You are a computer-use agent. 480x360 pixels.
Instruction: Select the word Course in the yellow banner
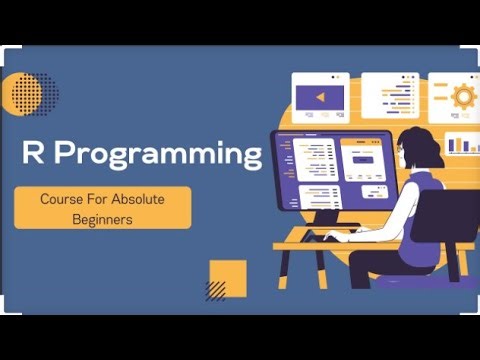click(63, 199)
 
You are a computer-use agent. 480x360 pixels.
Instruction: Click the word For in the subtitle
click(100, 199)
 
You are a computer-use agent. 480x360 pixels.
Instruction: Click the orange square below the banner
click(229, 276)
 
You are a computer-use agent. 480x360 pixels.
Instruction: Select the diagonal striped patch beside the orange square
click(214, 290)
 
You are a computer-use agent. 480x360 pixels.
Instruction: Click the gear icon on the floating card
click(463, 96)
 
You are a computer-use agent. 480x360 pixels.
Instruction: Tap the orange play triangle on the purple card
click(320, 97)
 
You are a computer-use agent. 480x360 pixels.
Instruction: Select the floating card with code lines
click(390, 95)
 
